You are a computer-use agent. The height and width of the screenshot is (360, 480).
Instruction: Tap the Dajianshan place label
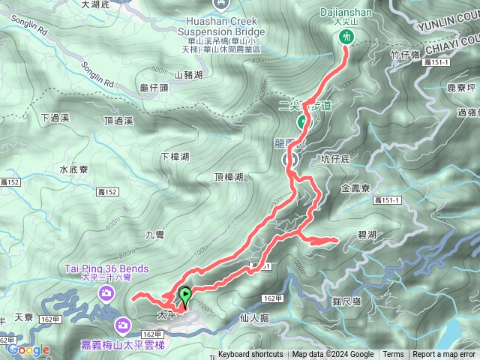(346, 13)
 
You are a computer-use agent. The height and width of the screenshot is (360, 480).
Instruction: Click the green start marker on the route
(184, 297)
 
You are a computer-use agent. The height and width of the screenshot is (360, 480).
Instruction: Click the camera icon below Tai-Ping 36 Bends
(107, 291)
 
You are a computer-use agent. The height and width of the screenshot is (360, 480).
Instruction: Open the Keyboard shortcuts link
(250, 355)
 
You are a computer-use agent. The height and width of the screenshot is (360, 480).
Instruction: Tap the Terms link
(393, 355)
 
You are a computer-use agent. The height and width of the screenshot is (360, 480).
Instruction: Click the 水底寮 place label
(74, 169)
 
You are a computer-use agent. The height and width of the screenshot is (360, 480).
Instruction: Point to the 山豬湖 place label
(188, 75)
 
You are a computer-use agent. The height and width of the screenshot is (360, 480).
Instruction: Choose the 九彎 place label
(154, 235)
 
